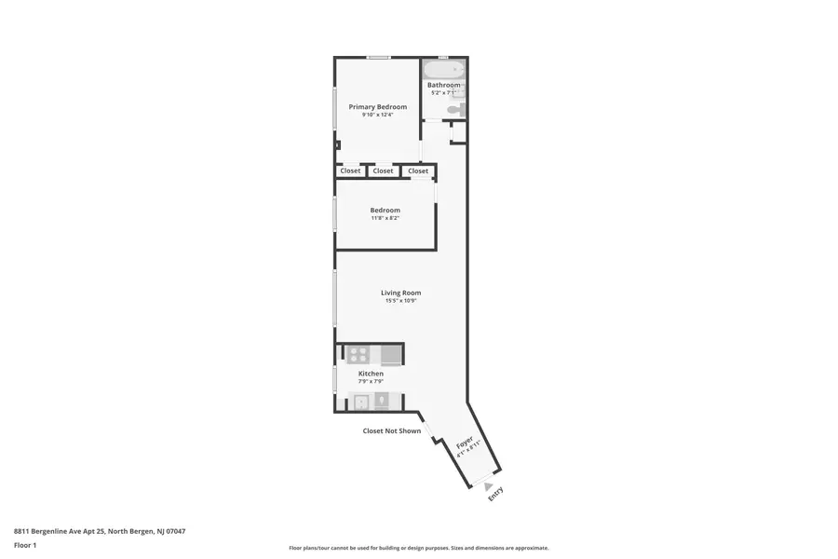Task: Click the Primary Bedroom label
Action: tap(377, 107)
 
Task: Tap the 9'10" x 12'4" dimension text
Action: tap(377, 116)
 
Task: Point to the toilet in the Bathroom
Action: tap(453, 110)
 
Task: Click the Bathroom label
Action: tap(443, 85)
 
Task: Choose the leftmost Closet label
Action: tap(350, 171)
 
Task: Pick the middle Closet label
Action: tap(383, 171)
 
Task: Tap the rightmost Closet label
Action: tap(418, 171)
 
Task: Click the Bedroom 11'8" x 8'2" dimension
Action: tap(385, 219)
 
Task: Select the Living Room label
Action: tap(400, 293)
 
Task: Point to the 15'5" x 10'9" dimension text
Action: tap(400, 301)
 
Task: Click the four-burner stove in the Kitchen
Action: tap(358, 354)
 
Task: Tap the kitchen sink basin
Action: tap(360, 402)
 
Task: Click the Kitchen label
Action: tap(371, 374)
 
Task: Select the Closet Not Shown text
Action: tap(391, 430)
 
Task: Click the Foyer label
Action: tap(464, 442)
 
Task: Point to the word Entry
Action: tap(495, 494)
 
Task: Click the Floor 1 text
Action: tap(25, 545)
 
